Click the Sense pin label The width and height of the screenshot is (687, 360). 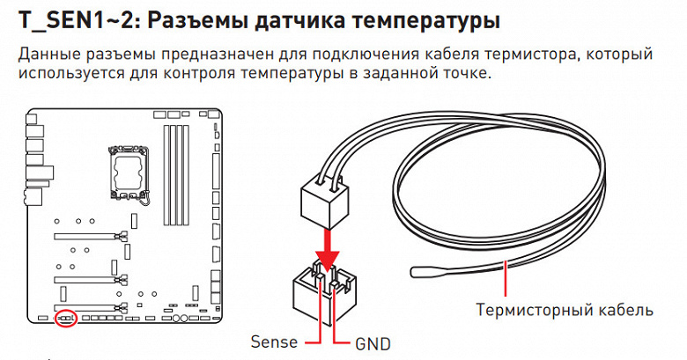274,342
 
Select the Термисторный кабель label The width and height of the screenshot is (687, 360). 565,310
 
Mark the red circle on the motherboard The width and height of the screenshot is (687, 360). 64,316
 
